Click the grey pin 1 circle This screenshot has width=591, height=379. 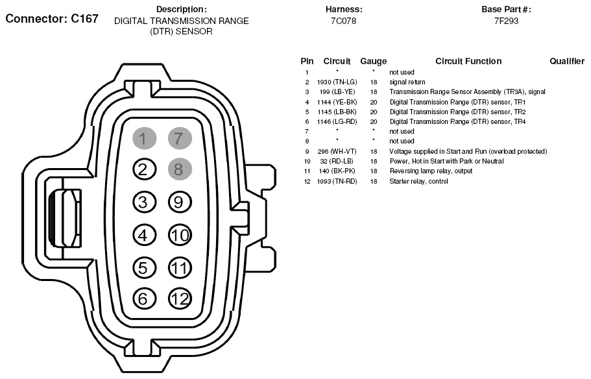pyautogui.click(x=145, y=138)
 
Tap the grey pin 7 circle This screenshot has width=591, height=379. pyautogui.click(x=180, y=138)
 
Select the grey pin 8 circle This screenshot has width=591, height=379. pyautogui.click(x=180, y=169)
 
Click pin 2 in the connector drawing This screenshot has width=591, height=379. pyautogui.click(x=145, y=169)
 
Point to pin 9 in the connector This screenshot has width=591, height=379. pyautogui.click(x=180, y=202)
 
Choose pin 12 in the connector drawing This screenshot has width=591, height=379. pyautogui.click(x=180, y=299)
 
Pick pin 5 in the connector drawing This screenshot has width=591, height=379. pyautogui.click(x=145, y=268)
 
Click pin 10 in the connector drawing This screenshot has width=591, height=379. pyautogui.click(x=180, y=236)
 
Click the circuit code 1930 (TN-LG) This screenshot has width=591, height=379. pyautogui.click(x=337, y=82)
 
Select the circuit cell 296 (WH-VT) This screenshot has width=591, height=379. pyautogui.click(x=337, y=152)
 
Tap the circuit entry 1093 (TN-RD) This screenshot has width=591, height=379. pyautogui.click(x=337, y=182)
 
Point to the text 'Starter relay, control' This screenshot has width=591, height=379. pyautogui.click(x=418, y=182)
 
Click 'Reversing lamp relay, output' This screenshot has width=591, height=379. pyautogui.click(x=431, y=171)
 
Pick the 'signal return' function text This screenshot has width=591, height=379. pyautogui.click(x=407, y=82)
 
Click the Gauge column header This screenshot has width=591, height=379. pyautogui.click(x=374, y=62)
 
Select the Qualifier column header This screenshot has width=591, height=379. pyautogui.click(x=567, y=61)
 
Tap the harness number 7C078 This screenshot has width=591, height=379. pyautogui.click(x=343, y=21)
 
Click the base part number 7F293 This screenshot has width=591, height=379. pyautogui.click(x=506, y=21)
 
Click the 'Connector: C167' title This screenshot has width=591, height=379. pyautogui.click(x=52, y=19)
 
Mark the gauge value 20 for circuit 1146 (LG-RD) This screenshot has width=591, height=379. pyautogui.click(x=374, y=122)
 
